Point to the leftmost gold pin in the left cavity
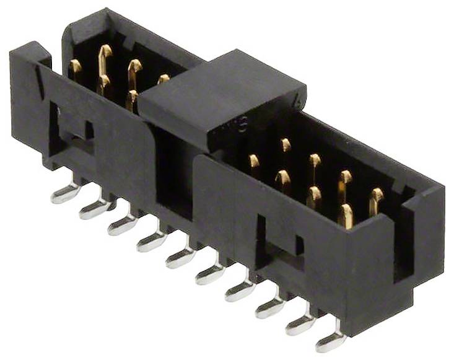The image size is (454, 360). click(x=76, y=68)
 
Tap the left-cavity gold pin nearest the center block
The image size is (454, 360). click(x=164, y=79)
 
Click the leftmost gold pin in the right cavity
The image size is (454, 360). click(x=254, y=162)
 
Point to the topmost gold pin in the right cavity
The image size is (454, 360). click(x=285, y=145)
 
